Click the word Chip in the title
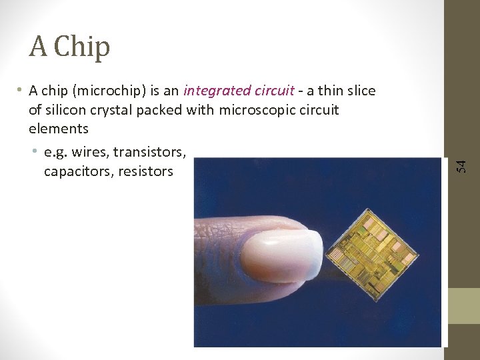point(82,47)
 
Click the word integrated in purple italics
point(213,91)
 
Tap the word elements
point(59,128)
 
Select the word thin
point(331,91)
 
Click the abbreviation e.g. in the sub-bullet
point(56,152)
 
